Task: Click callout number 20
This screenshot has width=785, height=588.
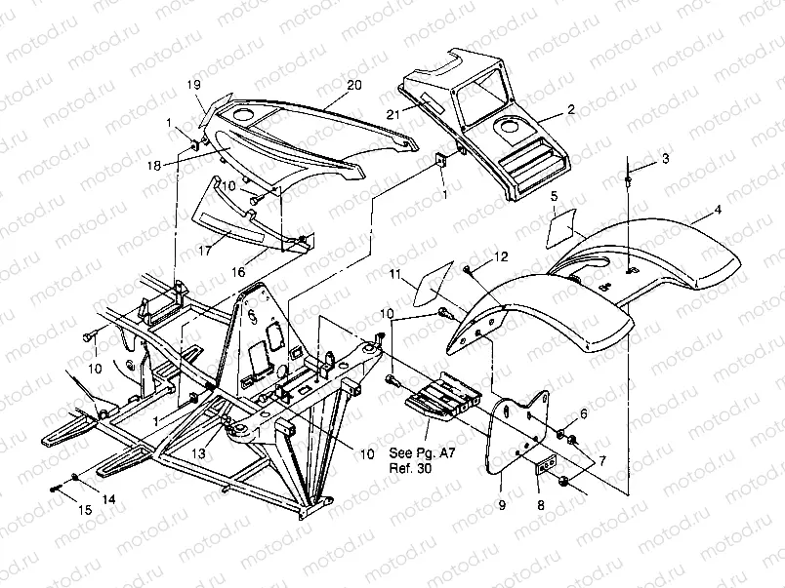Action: point(353,85)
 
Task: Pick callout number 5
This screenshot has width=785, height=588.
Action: point(554,198)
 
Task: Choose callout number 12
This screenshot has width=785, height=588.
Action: point(501,256)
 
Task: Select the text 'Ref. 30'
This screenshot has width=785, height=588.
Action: point(411,467)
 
